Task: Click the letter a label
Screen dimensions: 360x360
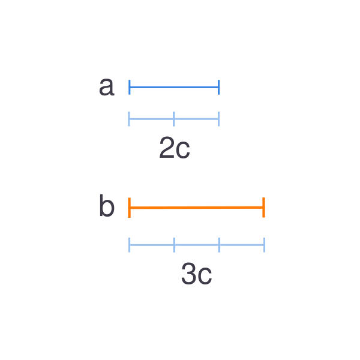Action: (x=107, y=87)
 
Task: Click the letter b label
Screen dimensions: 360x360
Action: (x=107, y=205)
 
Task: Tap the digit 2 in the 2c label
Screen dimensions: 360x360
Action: (x=167, y=147)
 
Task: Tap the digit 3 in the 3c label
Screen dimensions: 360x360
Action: (x=189, y=274)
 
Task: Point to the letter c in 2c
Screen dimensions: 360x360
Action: (x=183, y=150)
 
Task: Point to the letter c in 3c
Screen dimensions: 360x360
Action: (x=205, y=276)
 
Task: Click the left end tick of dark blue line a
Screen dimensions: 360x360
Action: (x=130, y=87)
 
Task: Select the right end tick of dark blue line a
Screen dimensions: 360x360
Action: (x=219, y=87)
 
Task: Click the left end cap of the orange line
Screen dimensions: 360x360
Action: (x=130, y=208)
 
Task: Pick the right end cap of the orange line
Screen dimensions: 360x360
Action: (x=264, y=208)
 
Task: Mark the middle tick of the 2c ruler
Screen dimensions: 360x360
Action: (x=174, y=119)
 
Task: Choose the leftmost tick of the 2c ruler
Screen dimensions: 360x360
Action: (x=129, y=119)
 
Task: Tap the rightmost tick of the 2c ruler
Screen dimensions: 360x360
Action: (x=219, y=119)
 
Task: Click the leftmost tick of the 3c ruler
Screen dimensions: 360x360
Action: (x=130, y=245)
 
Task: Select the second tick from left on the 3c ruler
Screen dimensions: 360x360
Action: (x=174, y=245)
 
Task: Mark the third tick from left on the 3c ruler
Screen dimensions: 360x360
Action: (x=219, y=245)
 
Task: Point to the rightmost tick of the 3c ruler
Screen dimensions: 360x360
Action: (x=265, y=245)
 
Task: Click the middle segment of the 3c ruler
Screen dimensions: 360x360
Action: (x=197, y=245)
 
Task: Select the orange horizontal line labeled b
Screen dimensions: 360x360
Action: (x=197, y=208)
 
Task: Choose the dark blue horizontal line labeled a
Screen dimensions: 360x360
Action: (x=174, y=87)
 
